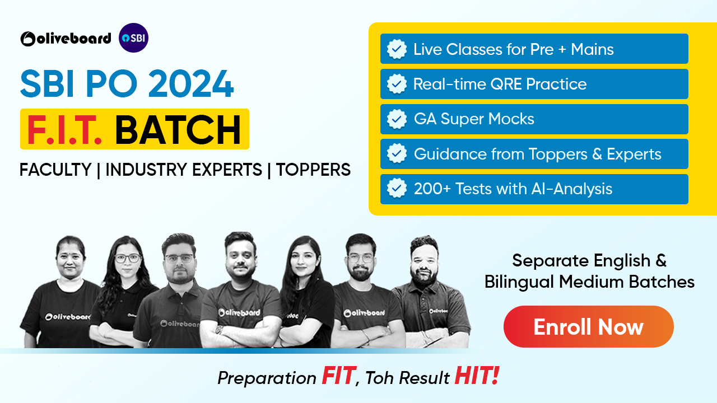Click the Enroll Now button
588,326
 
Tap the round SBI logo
134,38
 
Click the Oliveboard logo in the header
66,39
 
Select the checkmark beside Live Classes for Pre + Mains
397,49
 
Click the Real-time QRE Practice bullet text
500,84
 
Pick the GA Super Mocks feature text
474,119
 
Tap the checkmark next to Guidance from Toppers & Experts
397,154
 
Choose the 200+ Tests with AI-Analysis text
513,189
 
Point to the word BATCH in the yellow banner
178,129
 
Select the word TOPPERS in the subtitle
313,170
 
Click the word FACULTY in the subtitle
55,170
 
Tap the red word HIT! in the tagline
476,377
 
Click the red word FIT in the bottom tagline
338,377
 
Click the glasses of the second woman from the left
128,259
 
